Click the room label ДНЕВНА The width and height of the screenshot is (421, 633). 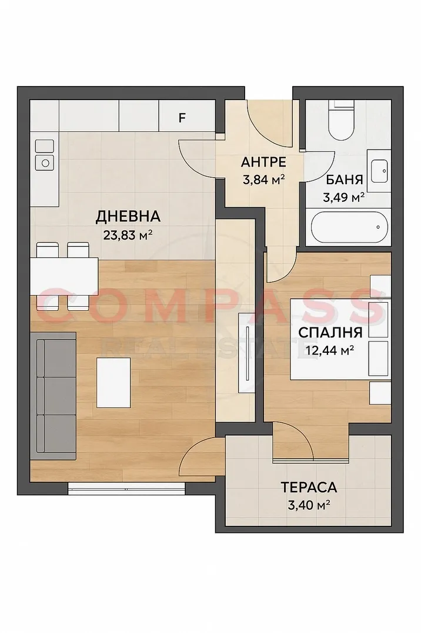click(x=128, y=217)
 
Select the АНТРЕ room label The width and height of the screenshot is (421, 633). click(x=263, y=161)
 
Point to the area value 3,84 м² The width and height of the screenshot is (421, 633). click(x=263, y=178)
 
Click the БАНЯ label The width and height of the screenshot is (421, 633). click(x=345, y=180)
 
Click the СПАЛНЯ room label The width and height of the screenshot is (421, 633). click(x=326, y=332)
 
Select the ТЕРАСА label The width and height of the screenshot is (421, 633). click(x=309, y=487)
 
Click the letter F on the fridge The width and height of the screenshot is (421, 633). click(x=182, y=117)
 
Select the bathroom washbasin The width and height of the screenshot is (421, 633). click(x=378, y=170)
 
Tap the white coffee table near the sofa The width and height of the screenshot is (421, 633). click(x=113, y=383)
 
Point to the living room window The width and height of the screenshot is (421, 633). click(x=126, y=486)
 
